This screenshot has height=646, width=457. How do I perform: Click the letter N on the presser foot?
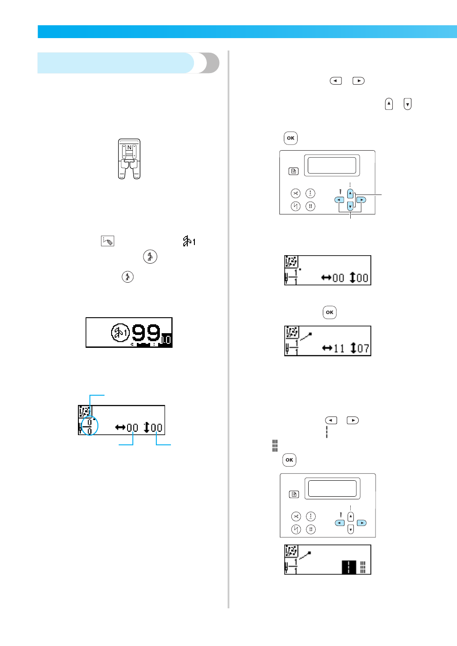click(x=129, y=148)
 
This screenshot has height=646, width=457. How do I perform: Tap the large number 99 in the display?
click(x=146, y=332)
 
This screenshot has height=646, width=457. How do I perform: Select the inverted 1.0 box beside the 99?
click(x=166, y=339)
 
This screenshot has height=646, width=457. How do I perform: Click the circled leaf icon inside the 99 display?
click(x=120, y=333)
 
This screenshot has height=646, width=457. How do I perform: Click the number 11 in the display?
click(x=339, y=349)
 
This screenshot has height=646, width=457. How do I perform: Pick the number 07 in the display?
click(x=363, y=349)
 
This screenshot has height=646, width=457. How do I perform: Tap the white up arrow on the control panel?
click(x=350, y=517)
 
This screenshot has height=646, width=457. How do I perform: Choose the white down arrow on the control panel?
click(x=350, y=529)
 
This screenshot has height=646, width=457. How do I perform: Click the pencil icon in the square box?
click(x=108, y=241)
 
